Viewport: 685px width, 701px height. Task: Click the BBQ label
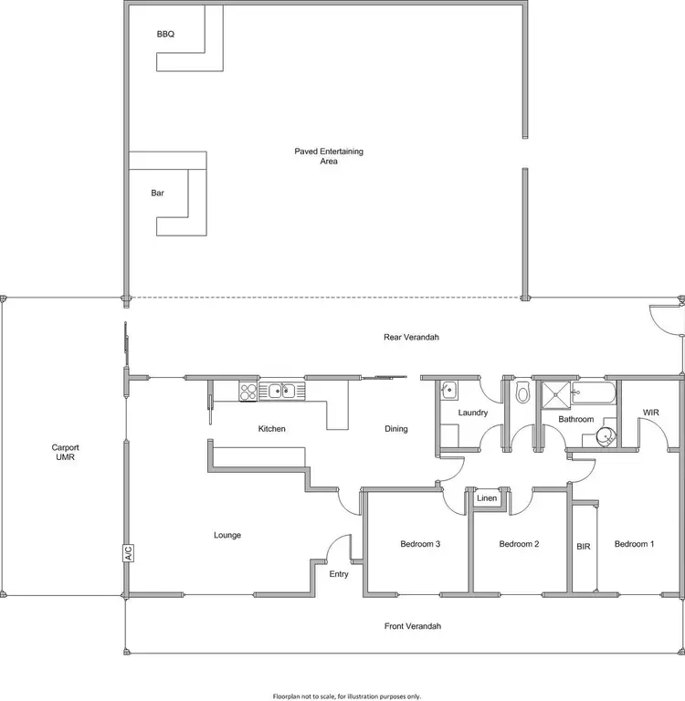165,35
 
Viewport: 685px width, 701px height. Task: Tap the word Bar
157,193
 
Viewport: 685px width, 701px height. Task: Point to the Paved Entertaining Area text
329,156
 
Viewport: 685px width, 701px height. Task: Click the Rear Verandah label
411,337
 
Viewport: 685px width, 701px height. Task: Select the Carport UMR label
66,452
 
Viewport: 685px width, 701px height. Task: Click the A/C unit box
128,554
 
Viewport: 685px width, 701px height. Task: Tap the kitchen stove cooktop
248,391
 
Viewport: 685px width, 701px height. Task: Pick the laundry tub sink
448,390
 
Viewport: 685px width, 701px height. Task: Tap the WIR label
650,413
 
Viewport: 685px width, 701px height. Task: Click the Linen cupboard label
486,498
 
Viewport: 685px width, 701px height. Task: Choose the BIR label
585,545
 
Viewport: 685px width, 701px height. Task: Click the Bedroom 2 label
519,545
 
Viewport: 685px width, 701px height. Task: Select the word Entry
339,574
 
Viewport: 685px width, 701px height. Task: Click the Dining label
395,429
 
